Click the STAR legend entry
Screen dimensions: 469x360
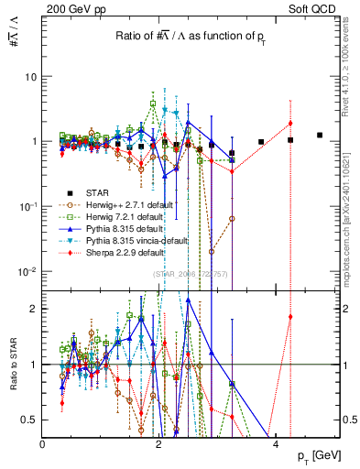pos(93,192)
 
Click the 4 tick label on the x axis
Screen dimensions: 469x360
pos(276,444)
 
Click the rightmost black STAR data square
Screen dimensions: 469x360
pos(320,135)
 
